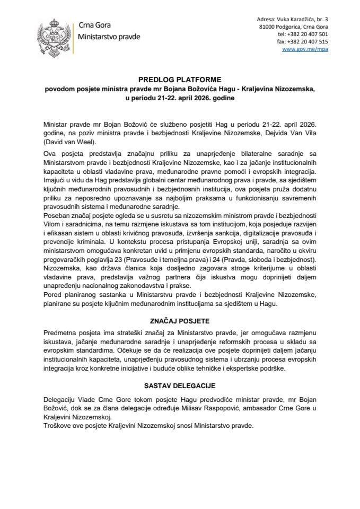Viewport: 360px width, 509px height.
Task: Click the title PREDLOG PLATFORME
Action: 179,81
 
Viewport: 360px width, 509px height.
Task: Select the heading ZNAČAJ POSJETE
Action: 179,321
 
